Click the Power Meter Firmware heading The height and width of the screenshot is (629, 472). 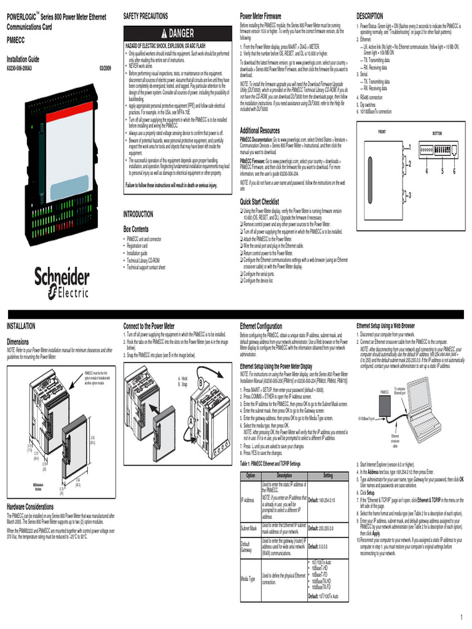[x=261, y=14]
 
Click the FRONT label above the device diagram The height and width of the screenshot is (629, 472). [x=382, y=133]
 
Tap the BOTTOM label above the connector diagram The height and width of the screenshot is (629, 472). [x=437, y=133]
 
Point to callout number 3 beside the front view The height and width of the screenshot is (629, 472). [x=409, y=195]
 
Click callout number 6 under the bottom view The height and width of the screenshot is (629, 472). [x=454, y=171]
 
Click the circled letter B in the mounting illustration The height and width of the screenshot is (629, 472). [x=200, y=383]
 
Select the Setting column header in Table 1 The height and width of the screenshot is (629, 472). [x=328, y=476]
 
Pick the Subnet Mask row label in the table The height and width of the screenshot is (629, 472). [x=248, y=528]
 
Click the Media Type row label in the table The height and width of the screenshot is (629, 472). [x=248, y=579]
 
